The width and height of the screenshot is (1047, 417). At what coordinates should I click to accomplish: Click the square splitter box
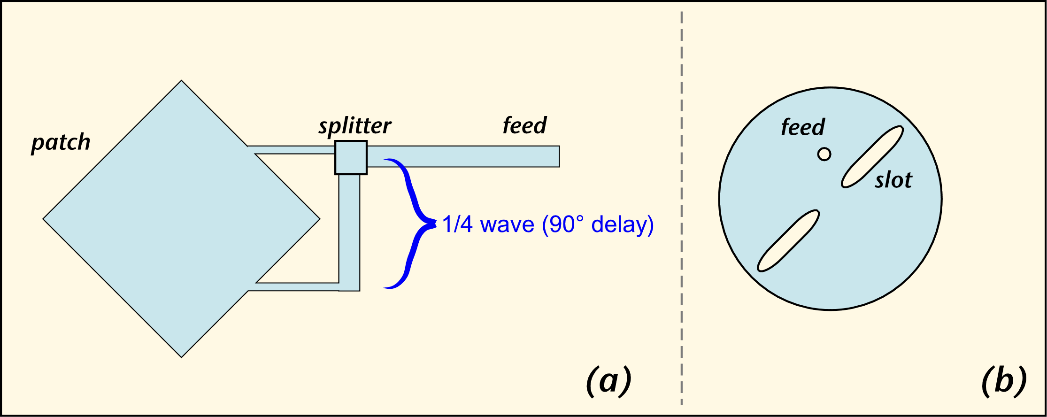(x=351, y=157)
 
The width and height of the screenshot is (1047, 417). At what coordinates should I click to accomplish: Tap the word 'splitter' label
(x=355, y=126)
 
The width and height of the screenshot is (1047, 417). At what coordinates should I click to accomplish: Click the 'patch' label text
(x=61, y=142)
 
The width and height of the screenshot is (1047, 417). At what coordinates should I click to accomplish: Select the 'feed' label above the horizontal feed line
(x=524, y=125)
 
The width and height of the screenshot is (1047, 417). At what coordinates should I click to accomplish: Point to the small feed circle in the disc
(x=824, y=154)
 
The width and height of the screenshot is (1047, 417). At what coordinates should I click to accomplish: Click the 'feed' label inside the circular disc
(x=802, y=127)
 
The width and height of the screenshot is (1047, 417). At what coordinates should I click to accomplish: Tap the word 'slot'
(x=893, y=180)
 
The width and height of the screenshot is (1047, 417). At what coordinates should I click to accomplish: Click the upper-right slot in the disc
(x=872, y=157)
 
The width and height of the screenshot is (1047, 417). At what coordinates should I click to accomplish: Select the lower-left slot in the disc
(x=788, y=240)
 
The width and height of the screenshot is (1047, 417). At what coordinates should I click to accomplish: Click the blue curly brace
(x=413, y=223)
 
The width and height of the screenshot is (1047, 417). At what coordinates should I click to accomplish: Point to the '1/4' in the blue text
(x=457, y=224)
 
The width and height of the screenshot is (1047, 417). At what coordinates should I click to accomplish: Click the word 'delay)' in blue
(x=623, y=225)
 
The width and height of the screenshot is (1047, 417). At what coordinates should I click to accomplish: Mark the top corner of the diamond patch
(x=181, y=82)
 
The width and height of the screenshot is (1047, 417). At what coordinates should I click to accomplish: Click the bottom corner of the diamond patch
(x=181, y=356)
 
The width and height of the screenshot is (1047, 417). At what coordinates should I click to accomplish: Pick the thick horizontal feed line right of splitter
(x=462, y=156)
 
